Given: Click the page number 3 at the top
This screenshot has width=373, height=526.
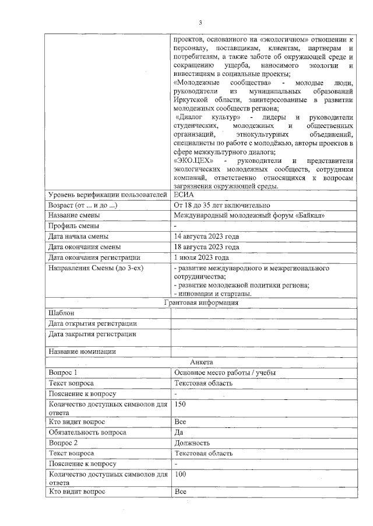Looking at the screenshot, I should (x=200, y=23).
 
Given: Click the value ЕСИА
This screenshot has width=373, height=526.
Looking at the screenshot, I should (x=183, y=194).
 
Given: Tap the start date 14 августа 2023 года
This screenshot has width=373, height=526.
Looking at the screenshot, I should (x=206, y=236).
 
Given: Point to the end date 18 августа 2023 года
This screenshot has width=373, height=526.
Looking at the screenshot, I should (x=206, y=247).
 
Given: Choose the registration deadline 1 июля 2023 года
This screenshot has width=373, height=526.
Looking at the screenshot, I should (x=201, y=257).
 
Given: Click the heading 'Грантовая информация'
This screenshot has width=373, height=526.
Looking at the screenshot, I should (x=201, y=302).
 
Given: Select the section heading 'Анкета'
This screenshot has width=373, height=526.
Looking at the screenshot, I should (x=201, y=362).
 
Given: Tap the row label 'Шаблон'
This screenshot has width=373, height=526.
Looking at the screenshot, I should (x=61, y=313).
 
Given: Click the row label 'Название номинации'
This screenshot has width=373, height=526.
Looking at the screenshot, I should (x=82, y=351).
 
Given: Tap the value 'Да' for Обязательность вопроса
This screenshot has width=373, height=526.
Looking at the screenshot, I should (x=179, y=432).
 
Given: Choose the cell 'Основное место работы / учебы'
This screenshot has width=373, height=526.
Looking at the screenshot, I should (x=224, y=372).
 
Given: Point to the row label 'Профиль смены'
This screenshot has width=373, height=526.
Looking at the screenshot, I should (x=73, y=226).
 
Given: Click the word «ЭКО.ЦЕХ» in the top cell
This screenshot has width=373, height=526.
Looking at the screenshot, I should (x=194, y=161).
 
